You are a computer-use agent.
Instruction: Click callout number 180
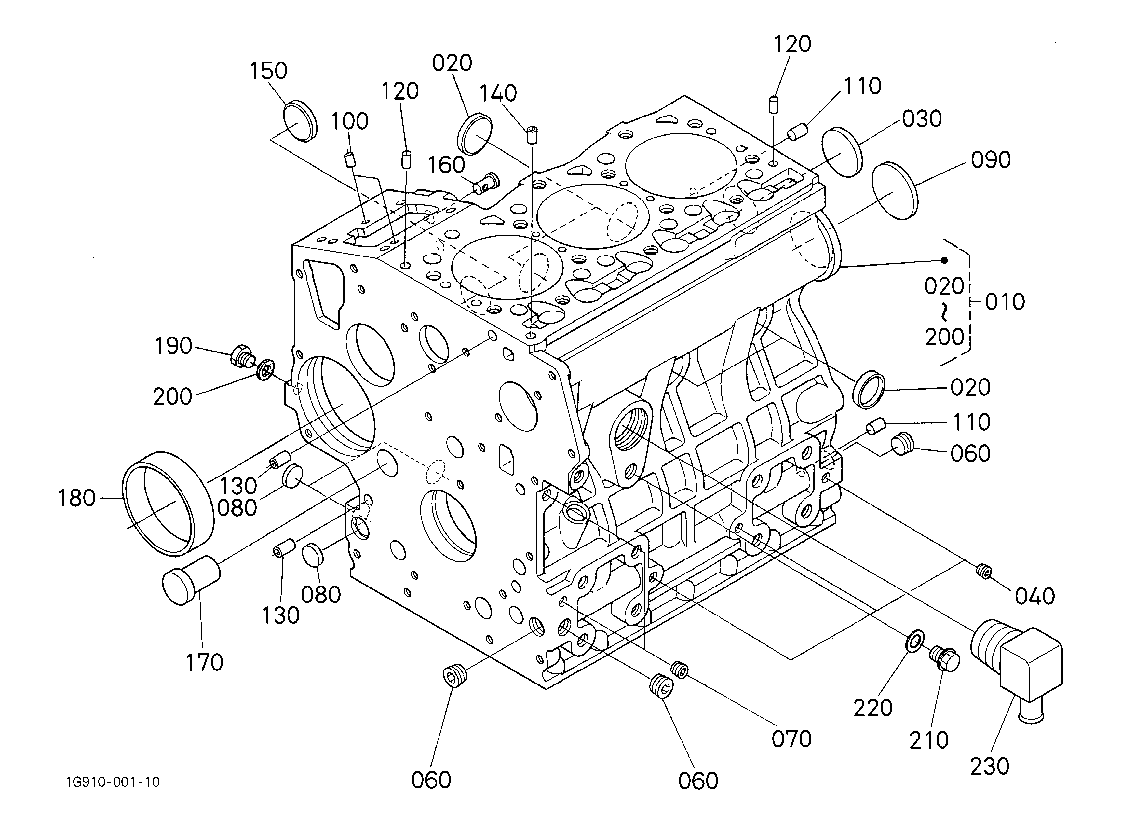coord(77,498)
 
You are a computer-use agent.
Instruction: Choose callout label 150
coord(268,71)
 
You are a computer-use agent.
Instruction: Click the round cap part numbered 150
coord(300,121)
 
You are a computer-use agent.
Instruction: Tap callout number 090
coord(990,160)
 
